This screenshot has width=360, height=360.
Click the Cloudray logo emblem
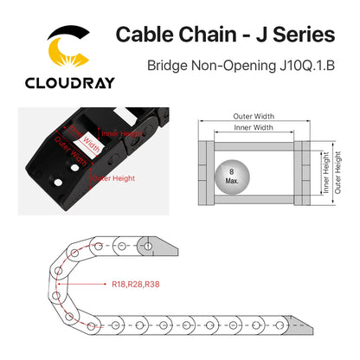click(68, 46)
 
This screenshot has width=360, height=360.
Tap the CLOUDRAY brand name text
click(70, 83)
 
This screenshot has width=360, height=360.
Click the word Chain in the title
click(208, 35)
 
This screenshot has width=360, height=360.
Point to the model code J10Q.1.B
click(307, 66)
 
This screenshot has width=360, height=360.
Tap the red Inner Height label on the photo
click(122, 133)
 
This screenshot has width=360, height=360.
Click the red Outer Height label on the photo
click(113, 178)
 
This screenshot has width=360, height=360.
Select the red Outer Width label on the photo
click(70, 151)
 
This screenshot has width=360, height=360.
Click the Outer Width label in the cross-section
click(254, 116)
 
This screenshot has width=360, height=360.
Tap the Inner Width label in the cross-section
click(254, 127)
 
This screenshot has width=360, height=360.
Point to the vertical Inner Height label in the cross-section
click(325, 172)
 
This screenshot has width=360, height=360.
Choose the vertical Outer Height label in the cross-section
click(337, 172)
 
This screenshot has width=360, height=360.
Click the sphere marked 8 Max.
click(232, 177)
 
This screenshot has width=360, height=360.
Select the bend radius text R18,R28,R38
click(136, 285)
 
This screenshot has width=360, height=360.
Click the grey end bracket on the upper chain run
click(157, 247)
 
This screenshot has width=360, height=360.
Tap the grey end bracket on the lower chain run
click(297, 325)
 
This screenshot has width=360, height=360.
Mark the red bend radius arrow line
click(82, 284)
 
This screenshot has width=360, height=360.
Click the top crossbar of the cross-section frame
click(254, 146)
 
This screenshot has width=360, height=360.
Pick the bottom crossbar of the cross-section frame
click(254, 199)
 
